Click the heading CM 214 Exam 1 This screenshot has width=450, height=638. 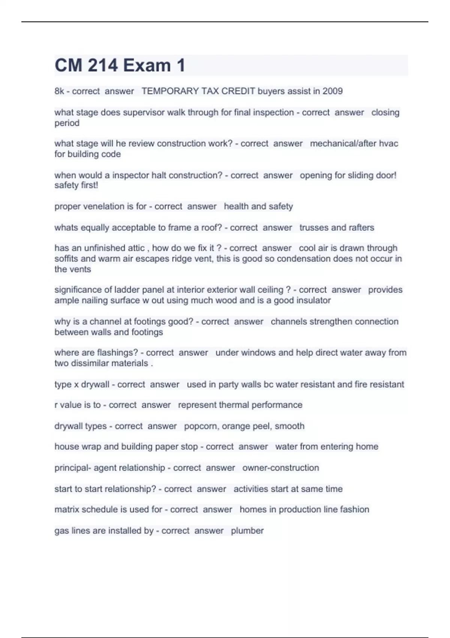pos(120,65)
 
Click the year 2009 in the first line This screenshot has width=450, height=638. pos(332,91)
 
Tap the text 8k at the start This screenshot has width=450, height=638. pos(59,91)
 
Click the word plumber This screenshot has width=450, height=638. pos(247,531)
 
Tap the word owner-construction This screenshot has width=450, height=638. pos(280,468)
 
